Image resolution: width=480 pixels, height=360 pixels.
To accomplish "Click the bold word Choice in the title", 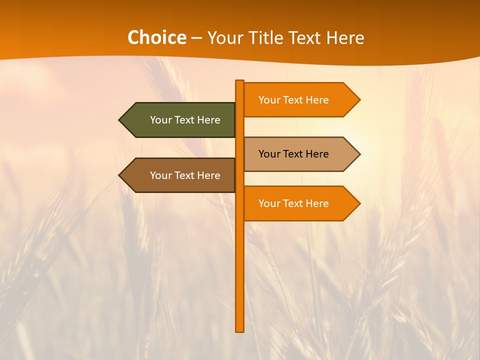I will point(156,37).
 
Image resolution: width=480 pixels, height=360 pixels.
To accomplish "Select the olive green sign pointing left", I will point(180,120).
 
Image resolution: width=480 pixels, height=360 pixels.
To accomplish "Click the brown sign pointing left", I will point(180,175).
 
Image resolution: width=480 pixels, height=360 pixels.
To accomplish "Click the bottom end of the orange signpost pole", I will point(240,329).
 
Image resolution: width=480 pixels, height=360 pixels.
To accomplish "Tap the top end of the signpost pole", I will point(240,82).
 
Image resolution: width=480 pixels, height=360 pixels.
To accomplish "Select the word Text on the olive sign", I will point(185,120).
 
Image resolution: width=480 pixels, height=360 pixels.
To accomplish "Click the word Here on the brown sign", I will point(209,175).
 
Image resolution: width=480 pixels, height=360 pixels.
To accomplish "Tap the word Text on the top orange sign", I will point(293,100).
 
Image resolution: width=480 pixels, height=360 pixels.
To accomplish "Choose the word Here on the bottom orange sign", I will point(317,203).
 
